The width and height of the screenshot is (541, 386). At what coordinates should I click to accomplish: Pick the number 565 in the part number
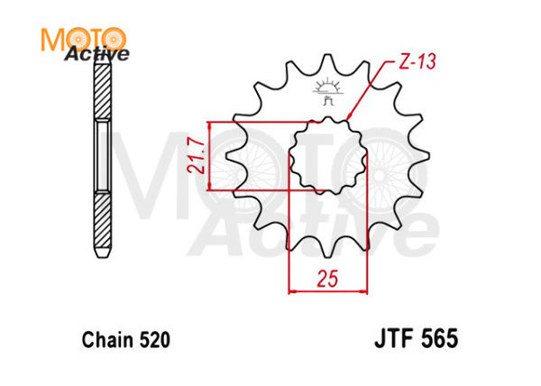point(438,340)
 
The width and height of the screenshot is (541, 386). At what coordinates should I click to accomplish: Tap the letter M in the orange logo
point(55,38)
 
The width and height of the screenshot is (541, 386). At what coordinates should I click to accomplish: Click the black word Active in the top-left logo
point(96,54)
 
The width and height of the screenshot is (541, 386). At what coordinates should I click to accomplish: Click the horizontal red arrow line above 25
point(328,290)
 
